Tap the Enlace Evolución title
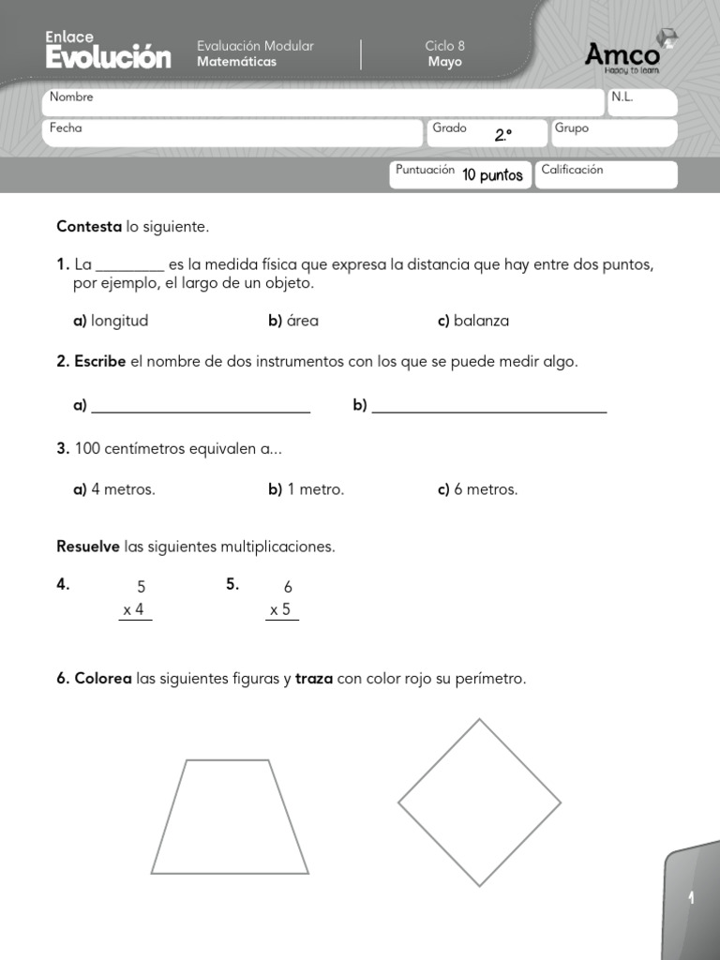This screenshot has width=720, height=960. (x=108, y=51)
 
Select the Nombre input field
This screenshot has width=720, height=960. (x=323, y=102)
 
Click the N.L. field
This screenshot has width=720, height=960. (x=642, y=102)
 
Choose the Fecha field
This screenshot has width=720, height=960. (x=232, y=133)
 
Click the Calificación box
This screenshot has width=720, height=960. (x=606, y=174)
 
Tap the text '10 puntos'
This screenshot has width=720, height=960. (x=492, y=175)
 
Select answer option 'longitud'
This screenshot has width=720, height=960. (x=119, y=321)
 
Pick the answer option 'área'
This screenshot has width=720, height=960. (x=302, y=321)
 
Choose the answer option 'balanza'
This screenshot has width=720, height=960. (x=481, y=321)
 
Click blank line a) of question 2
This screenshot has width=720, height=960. (x=202, y=405)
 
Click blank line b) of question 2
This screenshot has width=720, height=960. (x=489, y=405)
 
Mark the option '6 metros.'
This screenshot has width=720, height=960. (x=486, y=489)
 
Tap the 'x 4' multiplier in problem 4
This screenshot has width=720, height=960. (x=134, y=610)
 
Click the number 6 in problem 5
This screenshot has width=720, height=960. (x=288, y=587)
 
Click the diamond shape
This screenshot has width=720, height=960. (x=479, y=802)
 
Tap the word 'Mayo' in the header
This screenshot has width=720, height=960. (x=444, y=62)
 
